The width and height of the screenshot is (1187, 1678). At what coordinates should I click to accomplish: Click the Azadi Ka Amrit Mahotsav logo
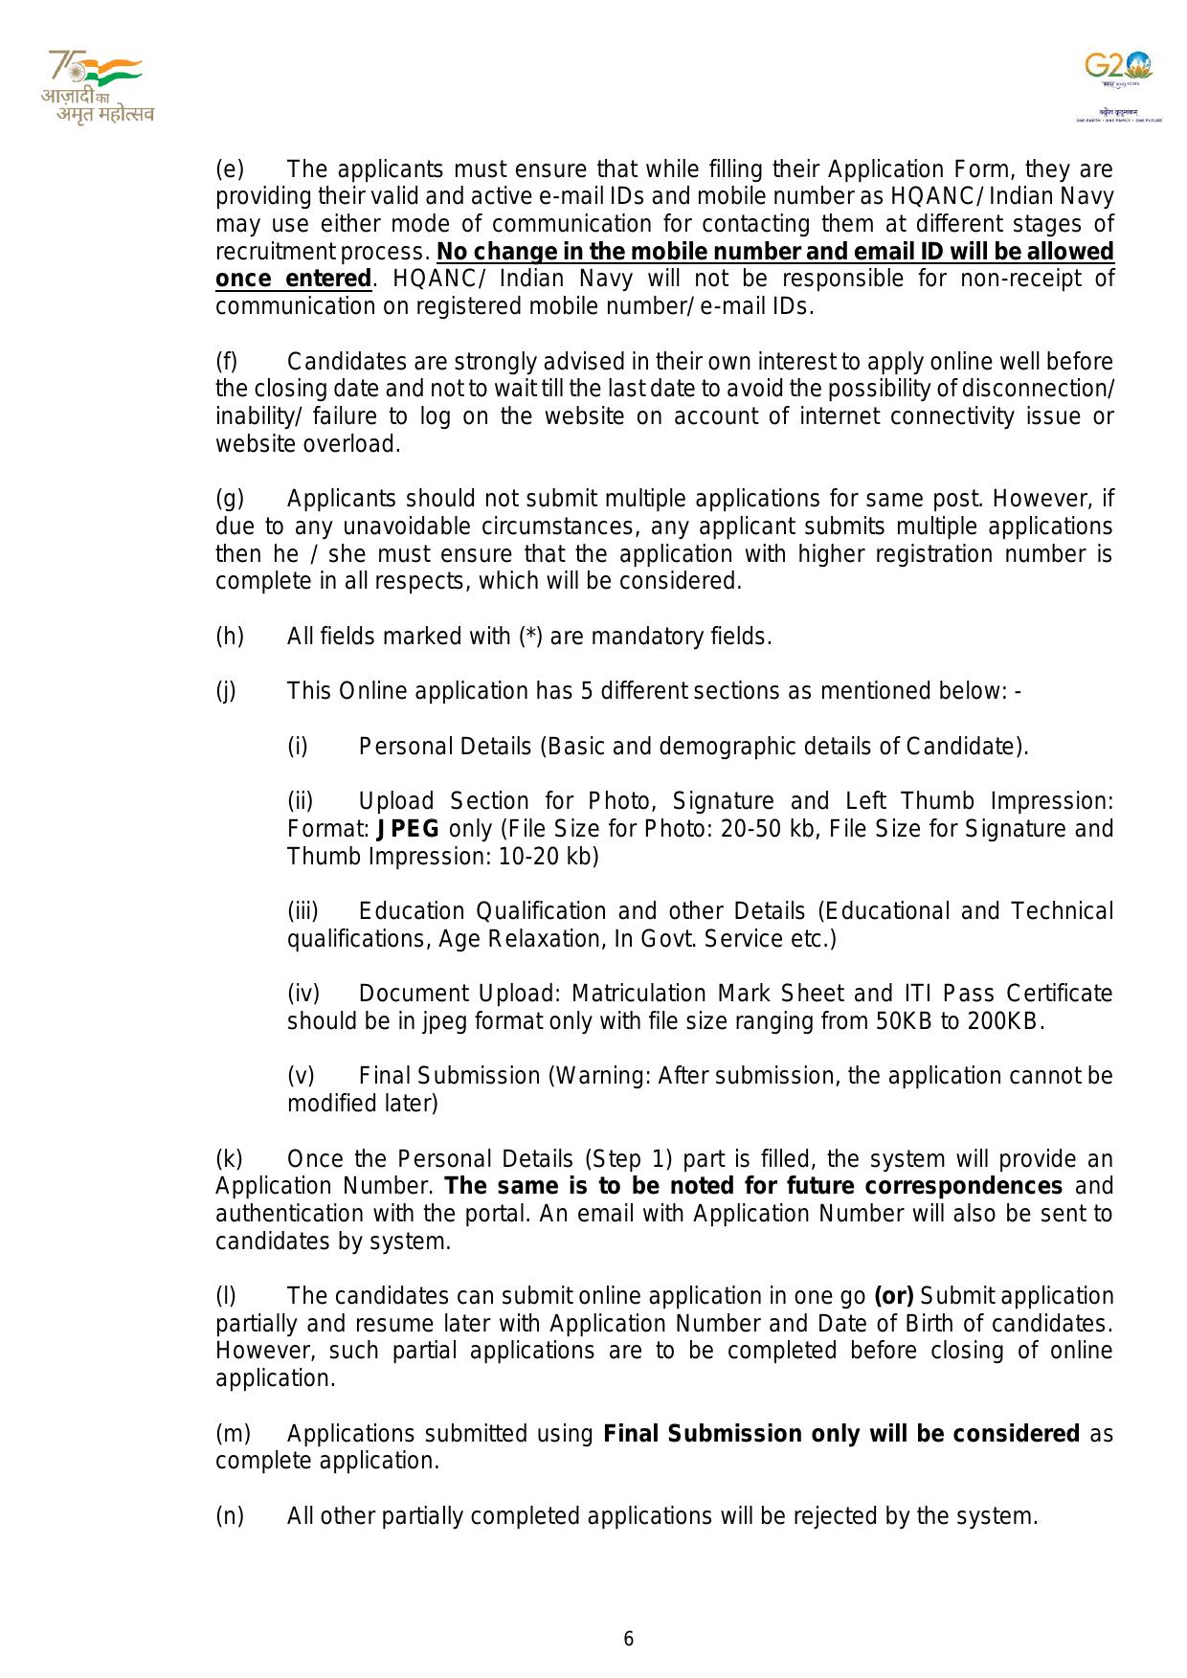tap(97, 88)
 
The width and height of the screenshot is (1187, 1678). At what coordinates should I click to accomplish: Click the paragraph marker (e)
tap(230, 169)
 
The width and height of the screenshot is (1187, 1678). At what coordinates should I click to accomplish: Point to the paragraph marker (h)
tap(230, 637)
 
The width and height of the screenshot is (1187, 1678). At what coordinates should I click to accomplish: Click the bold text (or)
tap(894, 1296)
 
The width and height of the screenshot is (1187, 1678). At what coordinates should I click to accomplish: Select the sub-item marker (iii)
tap(302, 911)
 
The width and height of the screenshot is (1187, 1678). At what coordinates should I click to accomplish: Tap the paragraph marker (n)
tap(230, 1516)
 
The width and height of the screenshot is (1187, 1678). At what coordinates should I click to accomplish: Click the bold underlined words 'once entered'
tap(293, 280)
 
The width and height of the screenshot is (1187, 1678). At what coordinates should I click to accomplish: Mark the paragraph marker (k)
tap(230, 1159)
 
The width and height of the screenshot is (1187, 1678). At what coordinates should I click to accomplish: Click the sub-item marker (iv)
tap(303, 994)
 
